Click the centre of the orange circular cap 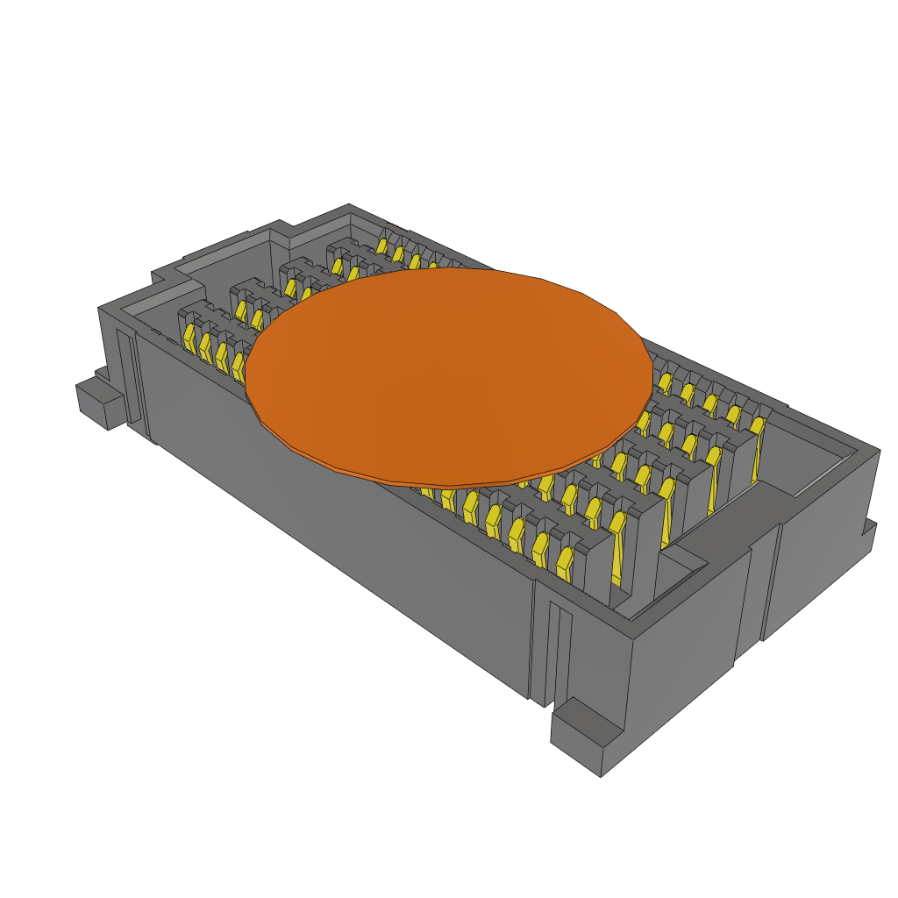pyautogui.click(x=449, y=373)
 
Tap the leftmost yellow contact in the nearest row pyautogui.click(x=189, y=335)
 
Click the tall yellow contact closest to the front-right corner pyautogui.click(x=617, y=552)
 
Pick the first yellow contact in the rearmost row pyautogui.click(x=382, y=246)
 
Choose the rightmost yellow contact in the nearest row pyautogui.click(x=565, y=562)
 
